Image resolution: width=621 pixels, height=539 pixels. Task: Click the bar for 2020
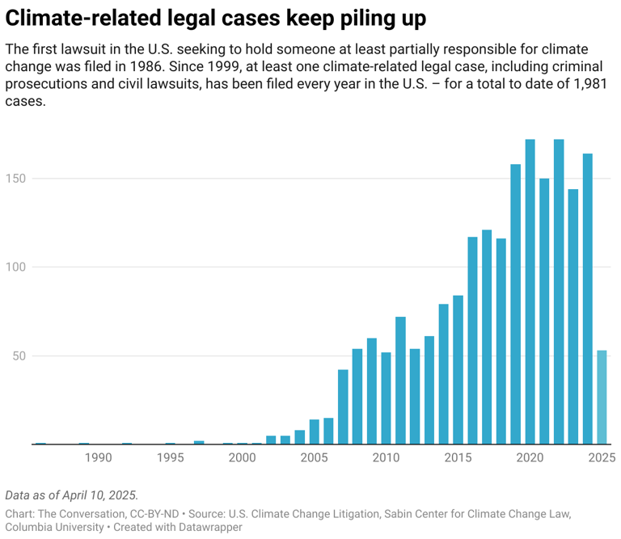click(x=530, y=292)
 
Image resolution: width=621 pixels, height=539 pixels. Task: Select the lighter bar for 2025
click(x=602, y=397)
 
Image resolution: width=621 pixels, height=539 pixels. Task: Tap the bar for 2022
click(x=559, y=292)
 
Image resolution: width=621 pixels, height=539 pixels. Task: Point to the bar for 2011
click(x=400, y=380)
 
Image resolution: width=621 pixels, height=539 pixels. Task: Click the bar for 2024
click(x=588, y=298)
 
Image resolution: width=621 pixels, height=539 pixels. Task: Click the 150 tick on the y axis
click(x=16, y=179)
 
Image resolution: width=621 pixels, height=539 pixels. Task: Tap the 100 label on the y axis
click(x=16, y=267)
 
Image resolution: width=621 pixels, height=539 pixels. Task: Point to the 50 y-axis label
click(x=19, y=356)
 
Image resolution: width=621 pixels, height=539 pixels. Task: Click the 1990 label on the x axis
click(x=98, y=458)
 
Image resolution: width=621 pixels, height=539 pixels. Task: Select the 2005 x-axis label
click(x=314, y=458)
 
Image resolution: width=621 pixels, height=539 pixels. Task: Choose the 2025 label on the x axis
click(x=602, y=458)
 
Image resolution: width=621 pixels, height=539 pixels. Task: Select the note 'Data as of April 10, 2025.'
click(x=72, y=495)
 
